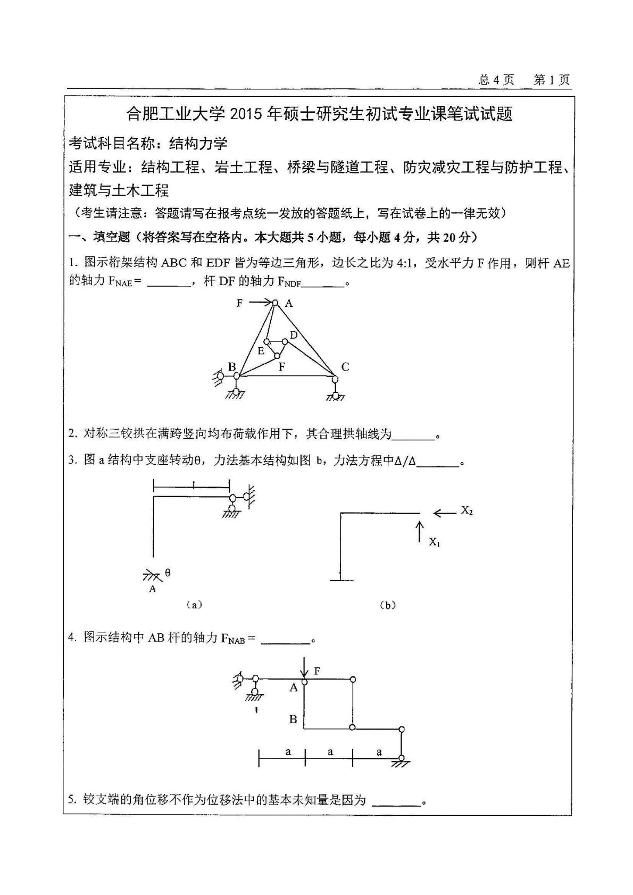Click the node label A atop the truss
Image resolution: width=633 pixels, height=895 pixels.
click(x=289, y=303)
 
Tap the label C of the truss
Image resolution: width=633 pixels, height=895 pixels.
click(x=345, y=366)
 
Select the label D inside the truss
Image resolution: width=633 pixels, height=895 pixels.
click(x=293, y=335)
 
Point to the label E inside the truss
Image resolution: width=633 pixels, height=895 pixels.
click(x=261, y=351)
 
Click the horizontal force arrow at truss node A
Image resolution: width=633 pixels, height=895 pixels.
click(x=260, y=303)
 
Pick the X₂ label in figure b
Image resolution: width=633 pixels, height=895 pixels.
click(x=467, y=511)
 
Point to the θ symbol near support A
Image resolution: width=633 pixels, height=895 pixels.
click(x=168, y=573)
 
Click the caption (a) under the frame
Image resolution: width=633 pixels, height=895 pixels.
click(x=194, y=605)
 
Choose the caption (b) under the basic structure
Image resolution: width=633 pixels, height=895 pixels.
click(x=388, y=605)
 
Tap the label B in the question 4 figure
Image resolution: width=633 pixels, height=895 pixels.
click(x=293, y=720)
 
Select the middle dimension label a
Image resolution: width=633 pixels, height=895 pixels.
click(x=330, y=751)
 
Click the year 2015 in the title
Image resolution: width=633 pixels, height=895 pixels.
click(x=250, y=114)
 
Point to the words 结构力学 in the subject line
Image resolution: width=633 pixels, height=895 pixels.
click(x=198, y=143)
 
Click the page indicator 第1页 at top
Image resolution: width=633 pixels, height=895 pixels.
click(x=552, y=80)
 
